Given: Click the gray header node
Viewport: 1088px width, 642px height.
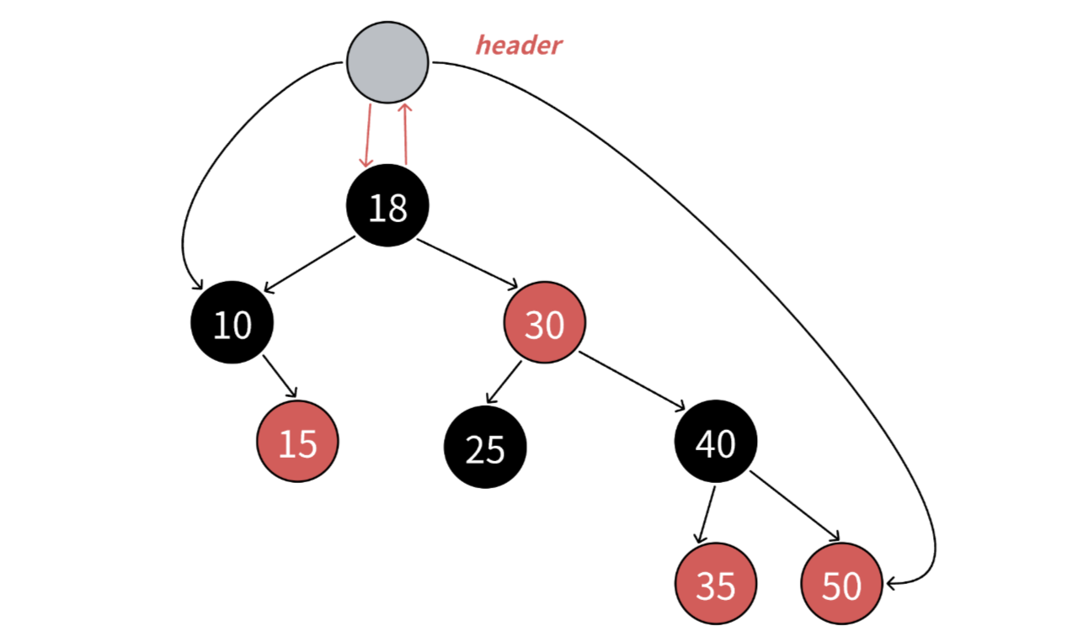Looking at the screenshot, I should coord(387,62).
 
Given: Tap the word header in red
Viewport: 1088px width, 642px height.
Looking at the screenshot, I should coord(518,45).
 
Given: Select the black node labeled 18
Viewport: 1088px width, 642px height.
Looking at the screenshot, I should coord(387,205).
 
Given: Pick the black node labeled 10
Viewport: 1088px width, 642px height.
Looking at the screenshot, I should coord(232,323).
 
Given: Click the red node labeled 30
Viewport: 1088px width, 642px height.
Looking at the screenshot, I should coord(544,323).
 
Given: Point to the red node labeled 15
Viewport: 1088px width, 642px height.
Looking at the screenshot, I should coord(297,442).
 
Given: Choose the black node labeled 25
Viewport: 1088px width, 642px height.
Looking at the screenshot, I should coord(485,448).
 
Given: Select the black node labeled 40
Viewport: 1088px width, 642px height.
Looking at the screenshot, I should coord(716,442).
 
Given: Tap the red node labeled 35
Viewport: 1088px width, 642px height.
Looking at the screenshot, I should coord(716,584).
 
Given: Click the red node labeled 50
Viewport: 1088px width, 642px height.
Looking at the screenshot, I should coord(841,584).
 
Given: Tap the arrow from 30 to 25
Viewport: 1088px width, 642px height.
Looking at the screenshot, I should coord(504,382).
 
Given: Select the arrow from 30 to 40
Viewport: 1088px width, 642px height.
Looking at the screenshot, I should coord(632,383).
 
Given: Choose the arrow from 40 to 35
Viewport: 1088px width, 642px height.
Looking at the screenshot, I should coord(707,515).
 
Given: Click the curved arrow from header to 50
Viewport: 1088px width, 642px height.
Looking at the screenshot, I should coord(758,252).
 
